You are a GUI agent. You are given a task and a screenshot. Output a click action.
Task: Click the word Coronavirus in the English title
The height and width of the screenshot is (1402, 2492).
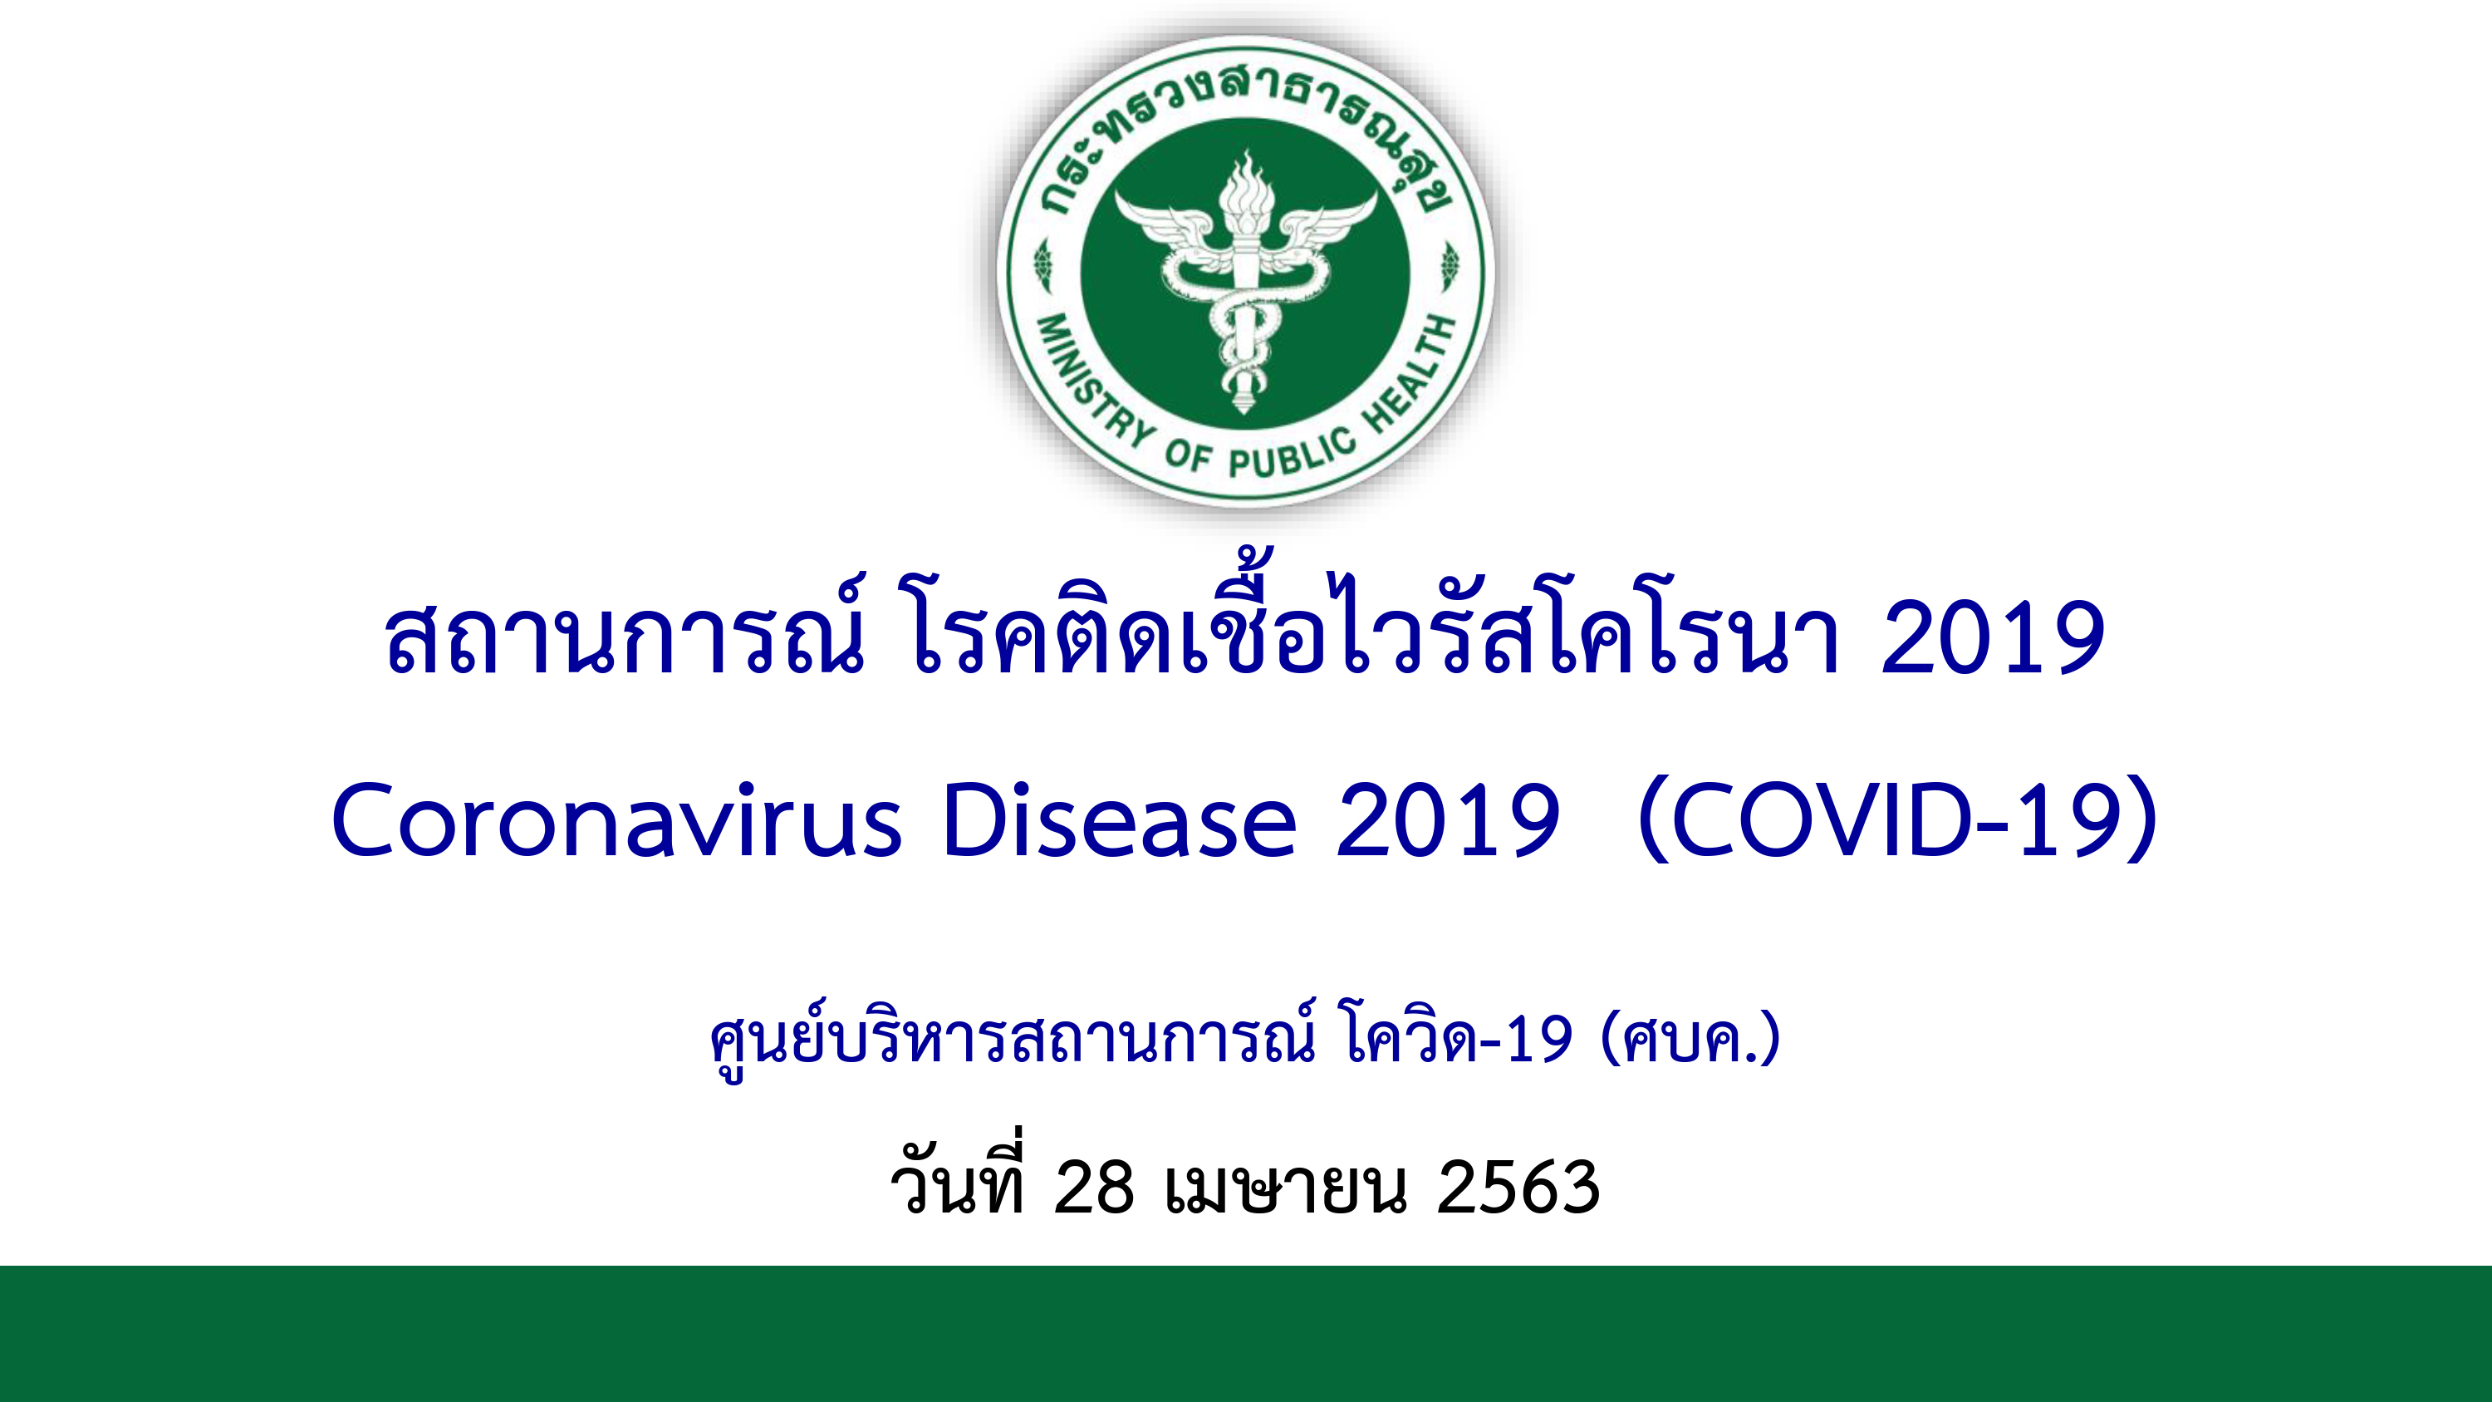pos(617,820)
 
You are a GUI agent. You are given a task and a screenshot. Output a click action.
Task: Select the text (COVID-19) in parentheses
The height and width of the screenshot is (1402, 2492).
pos(1898,820)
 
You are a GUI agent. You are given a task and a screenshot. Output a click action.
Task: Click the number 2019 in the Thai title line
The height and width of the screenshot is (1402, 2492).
pos(1992,637)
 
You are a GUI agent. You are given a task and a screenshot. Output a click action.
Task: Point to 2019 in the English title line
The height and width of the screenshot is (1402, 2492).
pos(1447,820)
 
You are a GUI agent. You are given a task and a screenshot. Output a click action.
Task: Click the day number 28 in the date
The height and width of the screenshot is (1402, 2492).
pos(1093,1188)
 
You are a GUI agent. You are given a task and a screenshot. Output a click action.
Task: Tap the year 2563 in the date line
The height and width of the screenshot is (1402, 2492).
pos(1518,1188)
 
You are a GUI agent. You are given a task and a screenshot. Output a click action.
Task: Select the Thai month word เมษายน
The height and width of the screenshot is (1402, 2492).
pos(1286,1188)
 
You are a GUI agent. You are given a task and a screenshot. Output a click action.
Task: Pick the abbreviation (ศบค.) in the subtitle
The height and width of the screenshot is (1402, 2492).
pos(1691,1039)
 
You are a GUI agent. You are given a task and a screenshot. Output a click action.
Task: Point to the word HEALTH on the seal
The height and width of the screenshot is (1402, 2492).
pos(1411,371)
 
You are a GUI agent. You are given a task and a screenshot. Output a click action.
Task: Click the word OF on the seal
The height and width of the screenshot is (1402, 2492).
pos(1188,455)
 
